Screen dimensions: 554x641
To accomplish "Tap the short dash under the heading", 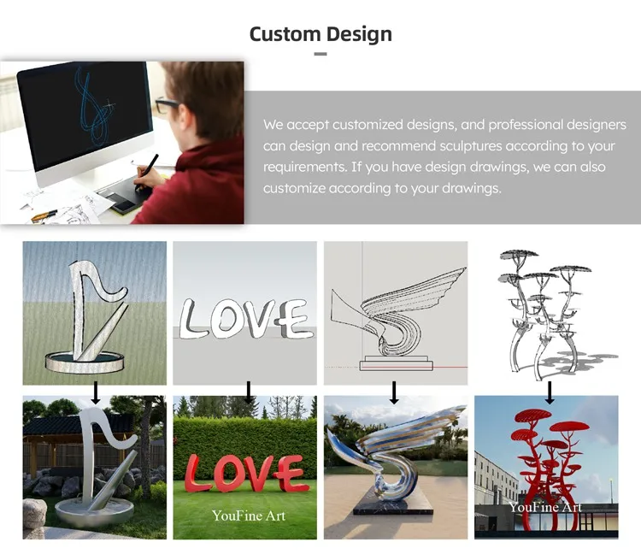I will [x=320, y=54].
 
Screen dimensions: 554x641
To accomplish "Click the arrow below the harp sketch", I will [x=95, y=392].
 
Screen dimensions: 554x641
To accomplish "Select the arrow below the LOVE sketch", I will [x=248, y=392].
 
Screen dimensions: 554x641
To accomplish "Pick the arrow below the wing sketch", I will [x=394, y=392].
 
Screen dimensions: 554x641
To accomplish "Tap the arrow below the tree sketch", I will [x=550, y=392].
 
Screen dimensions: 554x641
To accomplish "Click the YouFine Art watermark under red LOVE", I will [x=249, y=516].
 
